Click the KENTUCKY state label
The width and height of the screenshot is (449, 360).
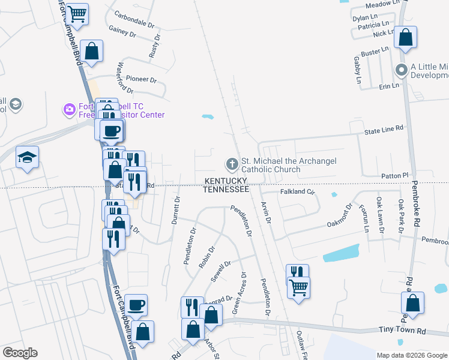coord(226,181)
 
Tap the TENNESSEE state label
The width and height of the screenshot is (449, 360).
coord(226,189)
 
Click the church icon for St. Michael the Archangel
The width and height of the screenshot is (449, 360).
coord(231,164)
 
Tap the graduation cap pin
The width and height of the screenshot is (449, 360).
coord(27,158)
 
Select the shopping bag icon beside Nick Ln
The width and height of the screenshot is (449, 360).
coord(406,37)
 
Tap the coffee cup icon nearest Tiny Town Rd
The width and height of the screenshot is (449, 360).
coord(136,304)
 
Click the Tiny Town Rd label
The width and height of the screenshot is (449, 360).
coord(402,331)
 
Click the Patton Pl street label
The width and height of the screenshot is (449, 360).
coord(394,175)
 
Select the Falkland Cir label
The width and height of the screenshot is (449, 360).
coord(298,192)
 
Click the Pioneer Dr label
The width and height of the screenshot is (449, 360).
coord(141,79)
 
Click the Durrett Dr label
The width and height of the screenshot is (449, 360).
coord(176,210)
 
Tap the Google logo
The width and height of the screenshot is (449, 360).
coord(20,353)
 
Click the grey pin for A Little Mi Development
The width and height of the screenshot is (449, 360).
coord(402,71)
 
